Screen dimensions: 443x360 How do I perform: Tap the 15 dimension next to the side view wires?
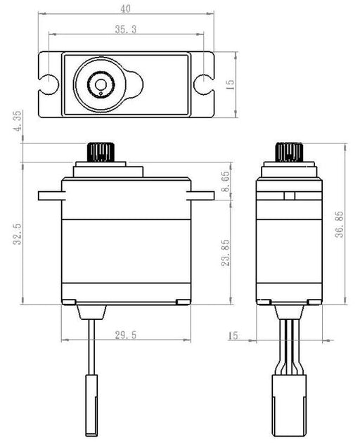(233, 336)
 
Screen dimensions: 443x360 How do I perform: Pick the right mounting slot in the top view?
(202, 82)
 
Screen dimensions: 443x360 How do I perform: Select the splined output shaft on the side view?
(288, 151)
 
